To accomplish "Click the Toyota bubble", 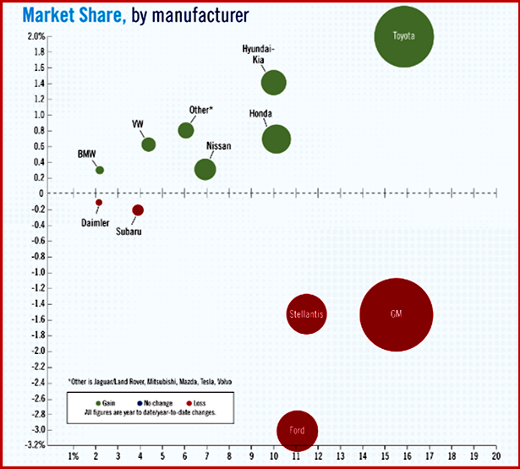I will coord(404,36).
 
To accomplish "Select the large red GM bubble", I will coord(396,314).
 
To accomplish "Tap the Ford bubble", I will coord(297,430).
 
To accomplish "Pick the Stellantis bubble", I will coord(306,314).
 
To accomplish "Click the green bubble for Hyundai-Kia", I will coord(273,83).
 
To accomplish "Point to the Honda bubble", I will coord(276,139).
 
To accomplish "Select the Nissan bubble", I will coord(205,169).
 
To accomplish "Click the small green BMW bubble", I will coord(100,170).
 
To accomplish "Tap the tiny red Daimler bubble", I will coord(99,203).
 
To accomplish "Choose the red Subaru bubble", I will coord(138,210).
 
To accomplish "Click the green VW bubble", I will coord(149,145).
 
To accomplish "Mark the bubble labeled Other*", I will coord(186,130).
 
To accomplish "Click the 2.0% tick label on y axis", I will coord(36,36).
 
